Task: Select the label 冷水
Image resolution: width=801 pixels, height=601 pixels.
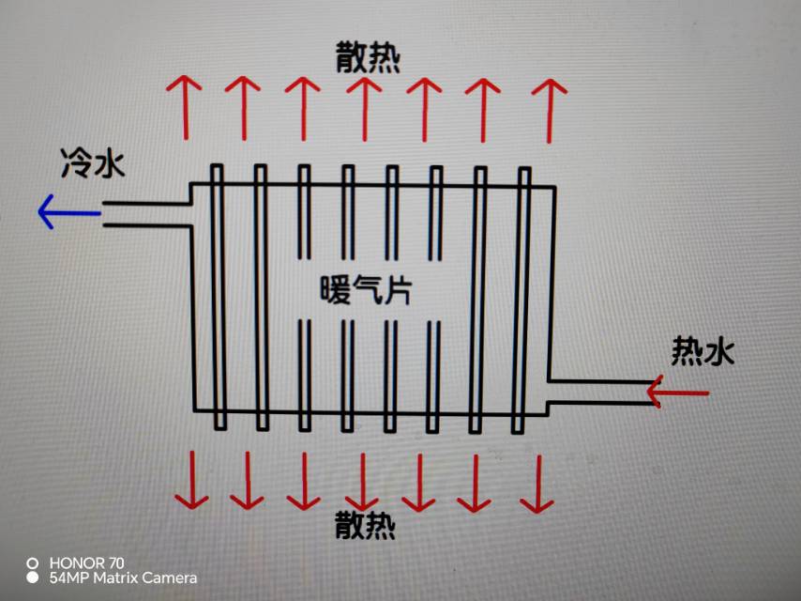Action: point(93,164)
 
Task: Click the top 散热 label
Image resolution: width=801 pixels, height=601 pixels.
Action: point(368,59)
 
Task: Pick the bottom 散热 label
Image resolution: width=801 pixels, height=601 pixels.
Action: point(366,526)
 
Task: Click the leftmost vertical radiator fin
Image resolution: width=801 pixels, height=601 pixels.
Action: point(218,297)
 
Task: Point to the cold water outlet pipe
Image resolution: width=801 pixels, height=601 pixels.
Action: point(146,213)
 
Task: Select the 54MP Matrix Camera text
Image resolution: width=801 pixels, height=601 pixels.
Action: point(123,578)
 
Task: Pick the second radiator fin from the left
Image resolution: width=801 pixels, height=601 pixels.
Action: point(261,297)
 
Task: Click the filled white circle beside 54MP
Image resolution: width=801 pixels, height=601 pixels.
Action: point(33,578)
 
